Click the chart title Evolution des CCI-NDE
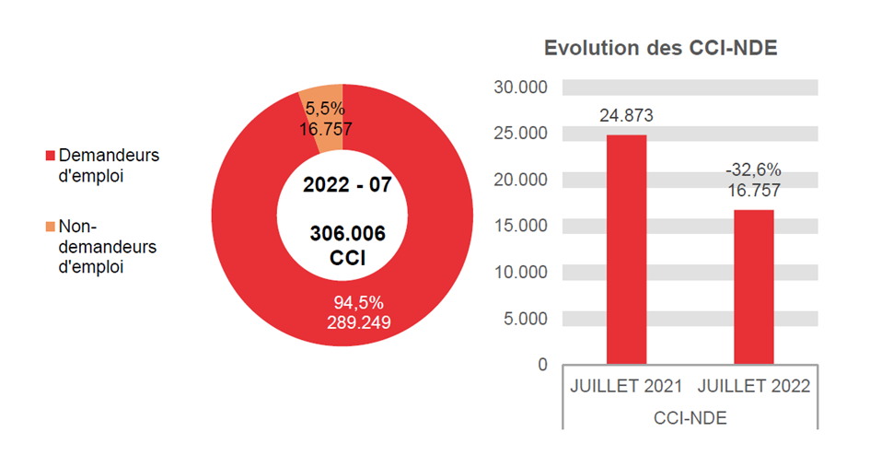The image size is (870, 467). [661, 49]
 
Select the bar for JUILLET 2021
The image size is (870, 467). [626, 249]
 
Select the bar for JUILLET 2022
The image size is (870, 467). [753, 286]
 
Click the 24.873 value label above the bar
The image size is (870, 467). [626, 116]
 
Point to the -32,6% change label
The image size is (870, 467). [753, 170]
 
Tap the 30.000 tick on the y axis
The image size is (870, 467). [520, 88]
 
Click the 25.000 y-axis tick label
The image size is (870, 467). [520, 134]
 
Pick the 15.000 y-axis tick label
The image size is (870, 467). [520, 226]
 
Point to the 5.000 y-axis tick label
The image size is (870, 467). [525, 319]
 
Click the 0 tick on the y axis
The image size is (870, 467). [542, 365]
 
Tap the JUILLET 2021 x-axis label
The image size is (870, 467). [626, 387]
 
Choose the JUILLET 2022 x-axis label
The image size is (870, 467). [753, 387]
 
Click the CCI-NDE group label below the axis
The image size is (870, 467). [690, 418]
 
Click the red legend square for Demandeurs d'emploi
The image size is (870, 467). [50, 156]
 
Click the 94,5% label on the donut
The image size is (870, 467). [358, 303]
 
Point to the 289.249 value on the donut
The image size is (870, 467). [358, 322]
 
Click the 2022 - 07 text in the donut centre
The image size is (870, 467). [347, 184]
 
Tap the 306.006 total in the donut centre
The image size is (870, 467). [347, 233]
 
